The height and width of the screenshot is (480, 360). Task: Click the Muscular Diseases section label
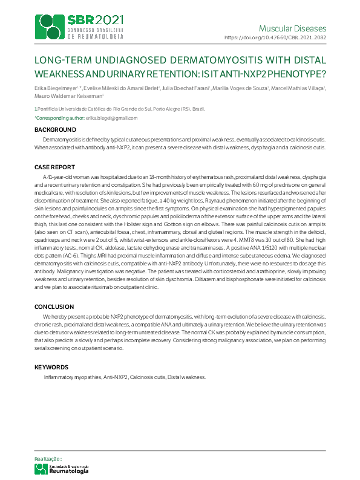(292, 28)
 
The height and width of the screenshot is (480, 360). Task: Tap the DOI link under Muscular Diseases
(275, 37)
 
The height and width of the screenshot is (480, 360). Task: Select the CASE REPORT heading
(55, 167)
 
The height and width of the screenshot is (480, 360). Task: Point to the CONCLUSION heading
(54, 306)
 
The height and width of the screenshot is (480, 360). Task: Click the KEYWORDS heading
(51, 367)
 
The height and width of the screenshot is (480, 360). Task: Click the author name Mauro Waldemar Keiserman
(68, 96)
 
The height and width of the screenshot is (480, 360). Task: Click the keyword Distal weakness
(188, 377)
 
